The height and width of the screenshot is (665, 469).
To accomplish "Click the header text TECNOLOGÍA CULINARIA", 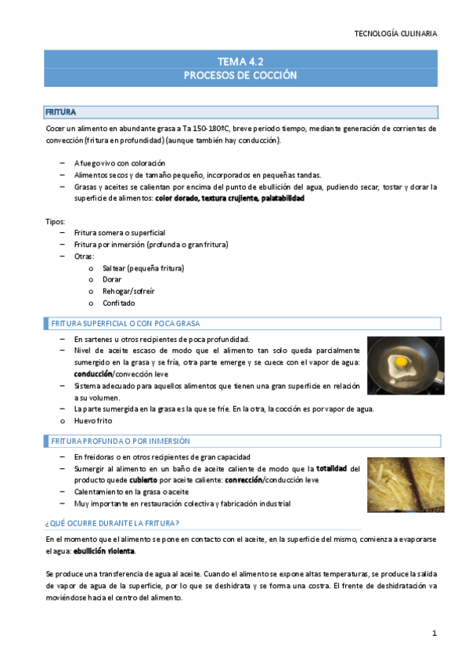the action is point(395,34).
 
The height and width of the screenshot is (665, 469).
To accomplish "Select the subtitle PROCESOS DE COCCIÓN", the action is point(240,75).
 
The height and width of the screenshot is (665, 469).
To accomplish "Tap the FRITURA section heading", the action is point(60,112).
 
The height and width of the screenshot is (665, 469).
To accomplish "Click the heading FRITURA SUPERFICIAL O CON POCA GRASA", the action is point(124,323).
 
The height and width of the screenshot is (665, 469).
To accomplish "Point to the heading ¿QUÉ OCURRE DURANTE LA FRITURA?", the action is point(112,523).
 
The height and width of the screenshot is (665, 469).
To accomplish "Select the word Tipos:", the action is point(55,222).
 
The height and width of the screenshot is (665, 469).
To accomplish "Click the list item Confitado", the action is point(118,303).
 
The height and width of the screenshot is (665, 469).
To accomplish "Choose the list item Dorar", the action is point(113,279).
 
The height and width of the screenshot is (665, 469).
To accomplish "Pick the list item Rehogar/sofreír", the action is point(128,291).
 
